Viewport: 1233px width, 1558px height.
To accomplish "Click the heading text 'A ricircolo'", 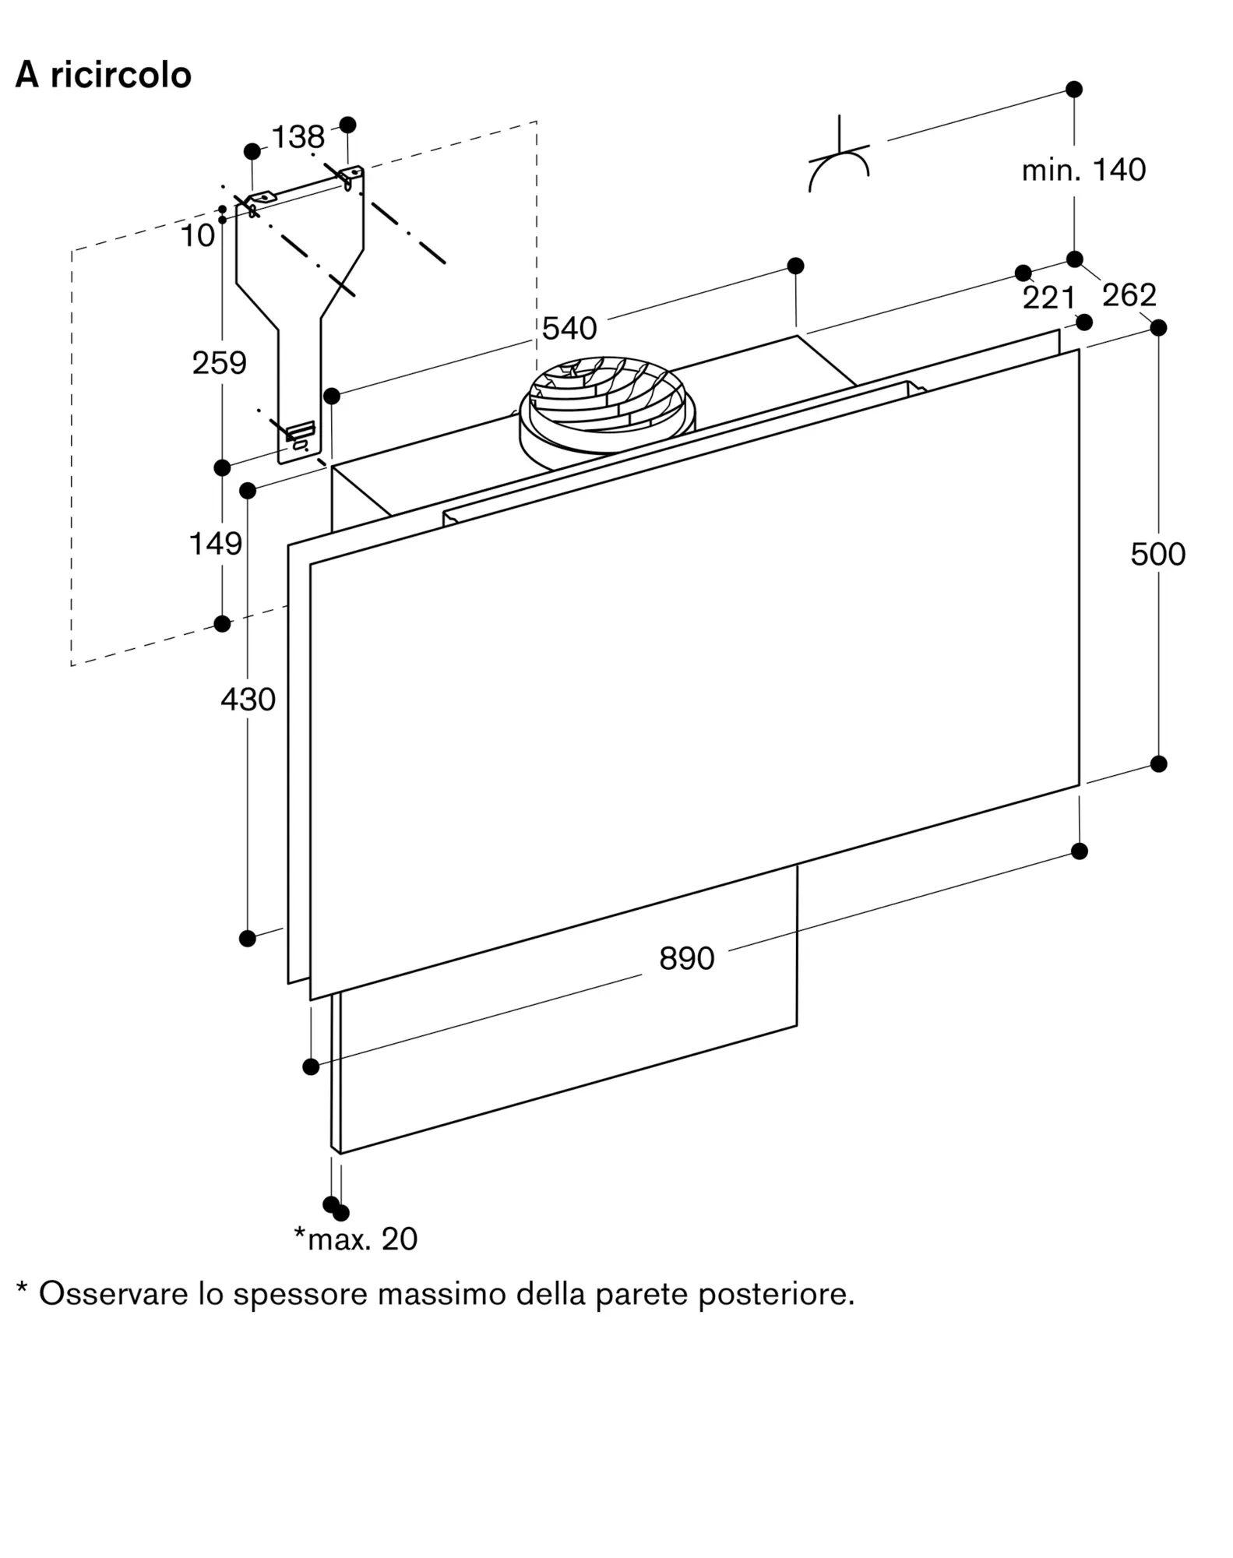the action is tap(104, 76).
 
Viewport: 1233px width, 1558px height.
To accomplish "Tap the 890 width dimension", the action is tap(686, 958).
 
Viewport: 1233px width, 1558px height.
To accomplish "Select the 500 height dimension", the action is tap(1157, 554).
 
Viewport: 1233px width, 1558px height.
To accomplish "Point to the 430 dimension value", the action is tap(248, 700).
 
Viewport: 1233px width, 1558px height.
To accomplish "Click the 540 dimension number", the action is tap(569, 329).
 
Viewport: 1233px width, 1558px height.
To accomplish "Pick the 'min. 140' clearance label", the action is tap(1083, 170).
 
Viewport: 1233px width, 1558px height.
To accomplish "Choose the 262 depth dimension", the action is tap(1129, 294).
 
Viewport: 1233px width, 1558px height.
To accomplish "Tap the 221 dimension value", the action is tap(1048, 298).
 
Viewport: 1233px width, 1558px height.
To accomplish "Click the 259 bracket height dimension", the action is tap(219, 363).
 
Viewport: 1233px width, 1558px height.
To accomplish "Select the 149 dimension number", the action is tap(216, 544).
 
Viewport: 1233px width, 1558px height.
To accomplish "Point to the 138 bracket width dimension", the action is tap(298, 137).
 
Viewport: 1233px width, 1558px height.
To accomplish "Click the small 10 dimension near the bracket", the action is tap(197, 235).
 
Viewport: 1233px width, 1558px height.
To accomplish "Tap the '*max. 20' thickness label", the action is tap(355, 1239).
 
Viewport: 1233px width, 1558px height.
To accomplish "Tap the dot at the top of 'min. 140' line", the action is tap(1074, 90).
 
